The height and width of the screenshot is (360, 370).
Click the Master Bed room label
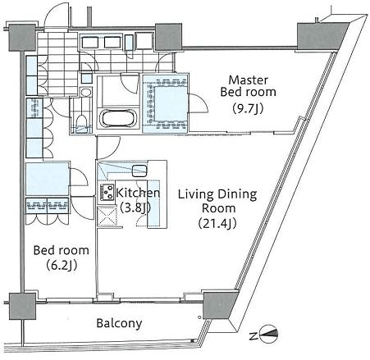(x=248, y=86)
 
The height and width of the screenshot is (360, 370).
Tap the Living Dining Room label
(x=217, y=201)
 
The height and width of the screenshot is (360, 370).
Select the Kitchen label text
(x=138, y=193)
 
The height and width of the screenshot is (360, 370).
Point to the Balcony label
(x=119, y=323)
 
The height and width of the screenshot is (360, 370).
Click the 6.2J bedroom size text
(x=62, y=265)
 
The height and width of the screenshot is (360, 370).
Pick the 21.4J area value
(x=217, y=223)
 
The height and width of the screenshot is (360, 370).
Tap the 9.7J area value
(x=248, y=109)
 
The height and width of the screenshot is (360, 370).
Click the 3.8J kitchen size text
(x=135, y=207)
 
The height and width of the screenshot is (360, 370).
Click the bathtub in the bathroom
(x=117, y=119)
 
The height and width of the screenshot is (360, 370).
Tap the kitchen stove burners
(x=107, y=192)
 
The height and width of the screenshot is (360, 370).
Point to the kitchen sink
(x=139, y=171)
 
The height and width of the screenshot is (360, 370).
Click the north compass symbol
(x=269, y=334)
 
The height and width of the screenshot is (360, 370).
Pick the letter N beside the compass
(x=254, y=336)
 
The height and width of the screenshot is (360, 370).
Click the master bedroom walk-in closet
(x=165, y=103)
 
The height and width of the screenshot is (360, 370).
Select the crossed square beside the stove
(x=107, y=216)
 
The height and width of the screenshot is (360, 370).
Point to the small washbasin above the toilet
(x=86, y=92)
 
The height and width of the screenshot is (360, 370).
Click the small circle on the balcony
(x=199, y=317)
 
